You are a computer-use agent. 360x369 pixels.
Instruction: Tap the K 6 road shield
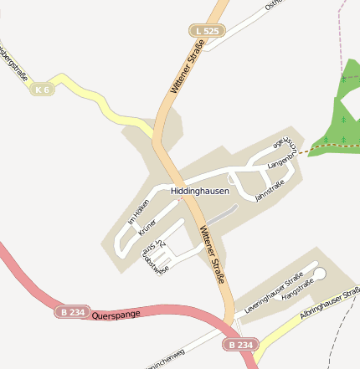click(x=43, y=89)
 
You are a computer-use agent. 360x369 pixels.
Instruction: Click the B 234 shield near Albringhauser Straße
click(x=239, y=345)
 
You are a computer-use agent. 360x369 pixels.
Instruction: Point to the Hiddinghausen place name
click(x=200, y=192)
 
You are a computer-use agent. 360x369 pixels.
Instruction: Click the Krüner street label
click(x=148, y=228)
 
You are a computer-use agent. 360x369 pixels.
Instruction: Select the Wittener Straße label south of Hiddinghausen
click(x=213, y=254)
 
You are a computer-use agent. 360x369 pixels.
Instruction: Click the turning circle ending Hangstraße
click(x=320, y=274)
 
